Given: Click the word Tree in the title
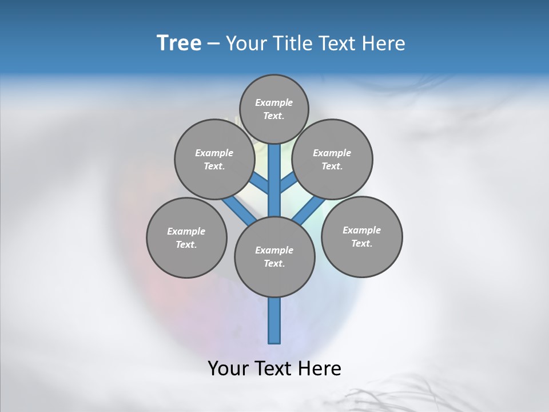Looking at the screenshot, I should pos(179,43).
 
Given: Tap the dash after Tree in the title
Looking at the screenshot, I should pos(214,44).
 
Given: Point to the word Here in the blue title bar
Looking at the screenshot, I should pos(384,43).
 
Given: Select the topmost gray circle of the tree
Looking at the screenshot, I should pos(274,109).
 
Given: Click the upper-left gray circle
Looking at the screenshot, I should pos(214,159).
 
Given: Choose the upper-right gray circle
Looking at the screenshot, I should pos(332,159).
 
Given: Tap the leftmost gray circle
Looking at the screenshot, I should pos(186,237).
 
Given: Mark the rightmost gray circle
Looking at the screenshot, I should pos(361,236).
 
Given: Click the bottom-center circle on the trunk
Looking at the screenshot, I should pos(274,256).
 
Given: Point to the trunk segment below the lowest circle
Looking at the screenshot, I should pos(274,320).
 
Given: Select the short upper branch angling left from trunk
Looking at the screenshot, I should pos(260,184).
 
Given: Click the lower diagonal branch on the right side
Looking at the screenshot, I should pos(308,212).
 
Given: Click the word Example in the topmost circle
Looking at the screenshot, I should pos(274,102).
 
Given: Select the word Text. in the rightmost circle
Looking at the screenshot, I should pos(361,243).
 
